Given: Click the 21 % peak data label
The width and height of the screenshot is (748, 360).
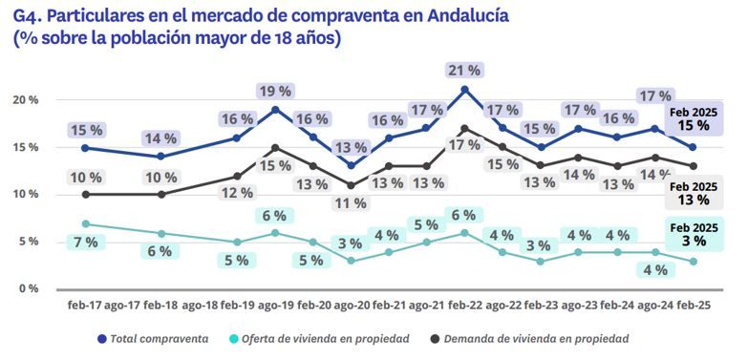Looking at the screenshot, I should coord(464,70).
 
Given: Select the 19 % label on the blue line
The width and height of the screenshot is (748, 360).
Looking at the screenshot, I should coord(275,91).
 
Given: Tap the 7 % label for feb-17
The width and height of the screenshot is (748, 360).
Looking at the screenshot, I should coord(86,243).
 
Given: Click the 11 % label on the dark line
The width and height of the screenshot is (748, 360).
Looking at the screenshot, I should coord(351,203).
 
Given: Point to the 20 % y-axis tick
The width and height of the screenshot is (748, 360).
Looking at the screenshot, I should coord(26,100).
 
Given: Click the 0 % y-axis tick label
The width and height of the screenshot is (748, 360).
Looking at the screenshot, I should coord(29,288).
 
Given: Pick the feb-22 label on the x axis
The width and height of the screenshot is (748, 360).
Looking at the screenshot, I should coord(464,307).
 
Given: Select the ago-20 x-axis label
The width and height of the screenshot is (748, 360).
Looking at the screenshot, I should coord(351,307).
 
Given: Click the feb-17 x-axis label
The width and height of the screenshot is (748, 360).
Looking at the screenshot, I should coord(86,307).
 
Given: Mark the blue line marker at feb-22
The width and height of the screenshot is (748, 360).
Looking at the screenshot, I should coord(464,90).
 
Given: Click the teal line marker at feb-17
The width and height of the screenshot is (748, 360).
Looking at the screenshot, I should coord(86,223).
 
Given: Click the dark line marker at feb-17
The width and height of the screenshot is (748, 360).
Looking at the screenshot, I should coord(86,194).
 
